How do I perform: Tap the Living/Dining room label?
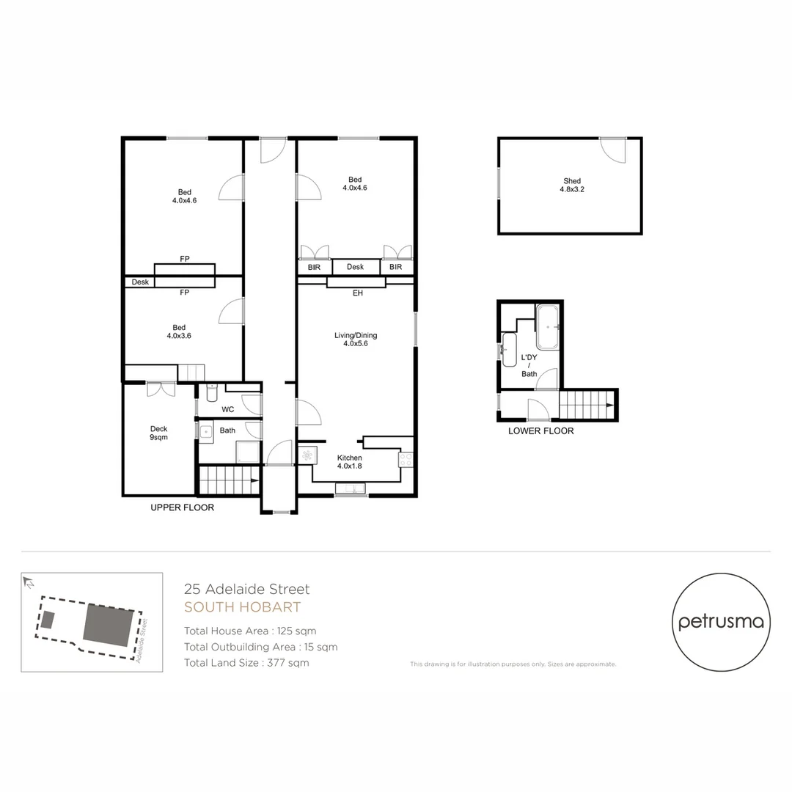pyautogui.click(x=356, y=340)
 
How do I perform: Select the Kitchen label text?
pyautogui.click(x=350, y=462)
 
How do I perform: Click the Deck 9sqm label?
pyautogui.click(x=158, y=433)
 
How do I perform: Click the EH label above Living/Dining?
pyautogui.click(x=357, y=293)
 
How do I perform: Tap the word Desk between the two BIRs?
pyautogui.click(x=355, y=268)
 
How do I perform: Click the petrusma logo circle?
pyautogui.click(x=722, y=622)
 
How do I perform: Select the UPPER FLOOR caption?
pyautogui.click(x=182, y=507)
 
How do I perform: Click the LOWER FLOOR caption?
pyautogui.click(x=540, y=431)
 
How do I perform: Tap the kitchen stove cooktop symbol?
pyautogui.click(x=406, y=461)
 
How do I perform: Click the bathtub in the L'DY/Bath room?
pyautogui.click(x=548, y=327)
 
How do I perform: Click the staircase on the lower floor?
pyautogui.click(x=587, y=404)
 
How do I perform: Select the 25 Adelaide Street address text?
pyautogui.click(x=247, y=589)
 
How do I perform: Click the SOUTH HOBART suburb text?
pyautogui.click(x=242, y=607)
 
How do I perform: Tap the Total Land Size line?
pyautogui.click(x=246, y=663)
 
